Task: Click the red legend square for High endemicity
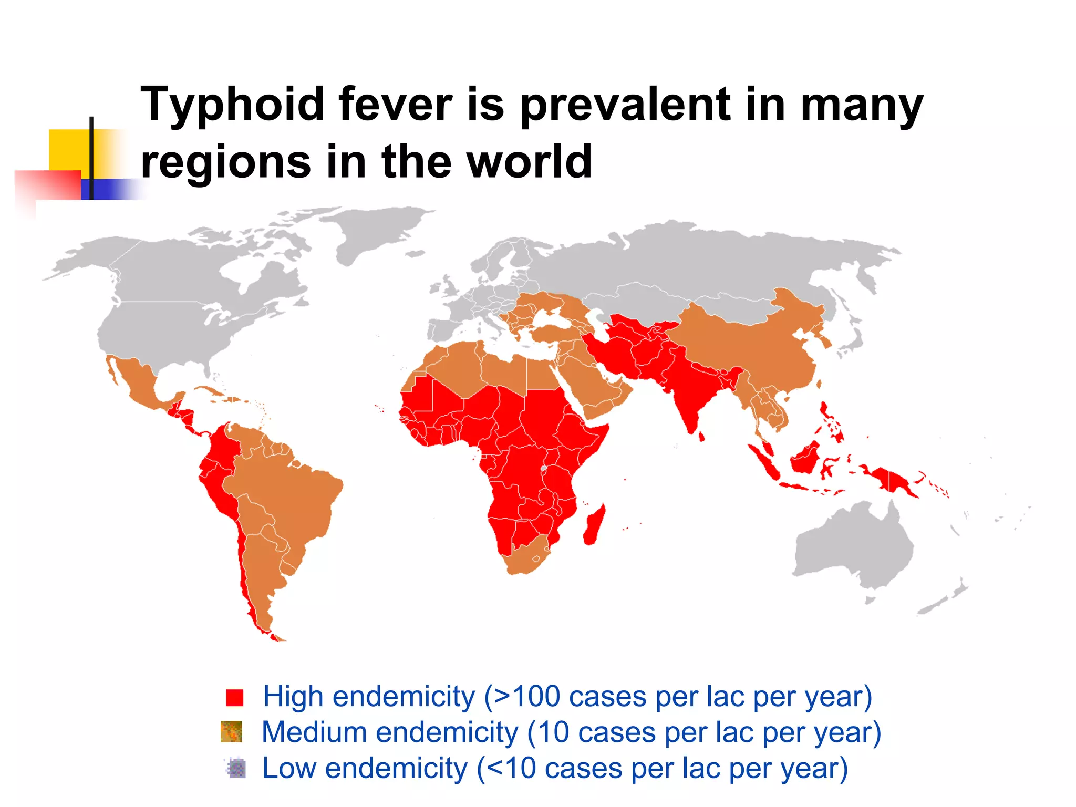pyautogui.click(x=234, y=697)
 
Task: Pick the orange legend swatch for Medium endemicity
pyautogui.click(x=231, y=731)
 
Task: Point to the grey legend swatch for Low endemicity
pyautogui.click(x=236, y=768)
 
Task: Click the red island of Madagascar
pyautogui.click(x=594, y=525)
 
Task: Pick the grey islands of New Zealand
pyautogui.click(x=946, y=599)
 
